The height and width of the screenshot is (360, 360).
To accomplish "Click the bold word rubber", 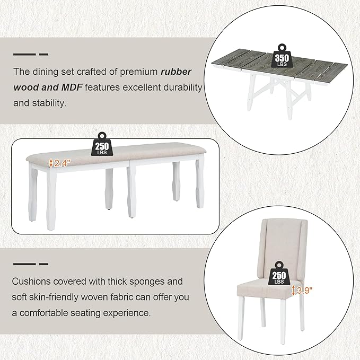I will coord(178,72).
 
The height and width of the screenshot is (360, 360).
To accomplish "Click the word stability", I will coord(48,102).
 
